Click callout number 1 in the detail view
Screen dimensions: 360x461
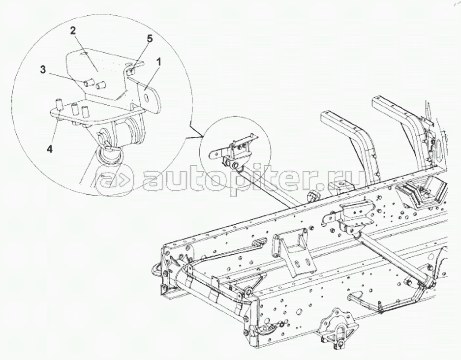click(x=158, y=61)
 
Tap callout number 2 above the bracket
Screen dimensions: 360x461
click(x=72, y=31)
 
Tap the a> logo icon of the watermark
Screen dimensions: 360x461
click(x=115, y=181)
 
